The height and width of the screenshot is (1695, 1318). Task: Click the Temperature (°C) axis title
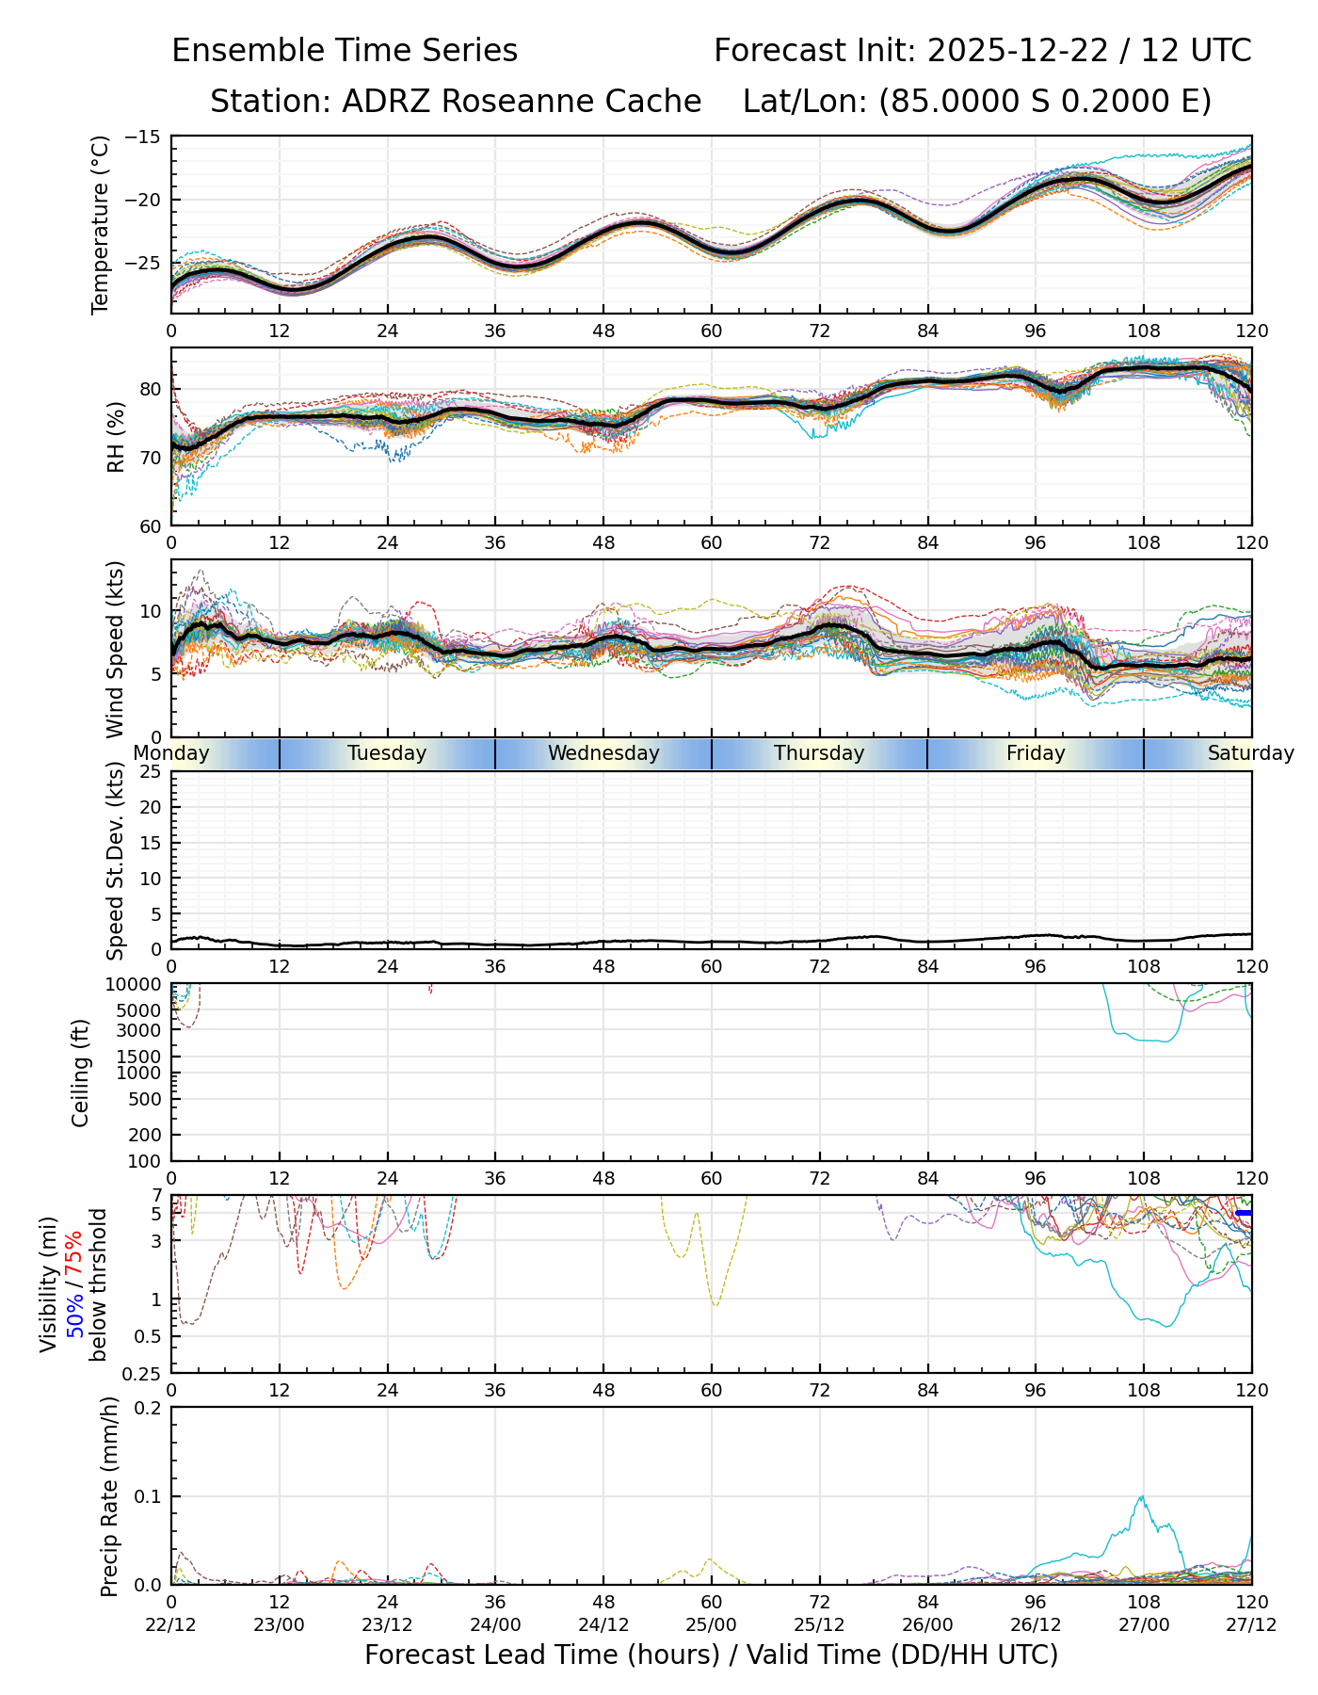pos(101,224)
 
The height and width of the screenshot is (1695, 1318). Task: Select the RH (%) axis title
pos(116,437)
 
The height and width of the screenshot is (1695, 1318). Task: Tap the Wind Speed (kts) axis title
pos(115,649)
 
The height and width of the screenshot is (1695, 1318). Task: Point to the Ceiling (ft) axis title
pos(81,1073)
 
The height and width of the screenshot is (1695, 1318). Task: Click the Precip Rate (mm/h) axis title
pos(109,1496)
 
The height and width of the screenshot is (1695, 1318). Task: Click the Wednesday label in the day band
pos(603,753)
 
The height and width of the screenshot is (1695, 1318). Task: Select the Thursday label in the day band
pos(819,753)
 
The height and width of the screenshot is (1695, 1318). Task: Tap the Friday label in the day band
pos(1036,753)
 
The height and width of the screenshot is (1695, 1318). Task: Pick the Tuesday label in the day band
pos(387,753)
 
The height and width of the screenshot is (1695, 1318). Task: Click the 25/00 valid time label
pos(712,1624)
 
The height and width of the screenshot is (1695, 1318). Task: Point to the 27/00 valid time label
pos(1144,1624)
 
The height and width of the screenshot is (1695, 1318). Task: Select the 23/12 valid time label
pos(387,1624)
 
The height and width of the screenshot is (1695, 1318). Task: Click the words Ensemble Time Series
pos(345,51)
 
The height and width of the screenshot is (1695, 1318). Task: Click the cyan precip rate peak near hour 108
pos(1142,1496)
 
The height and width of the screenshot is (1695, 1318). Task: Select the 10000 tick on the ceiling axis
pos(137,984)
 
